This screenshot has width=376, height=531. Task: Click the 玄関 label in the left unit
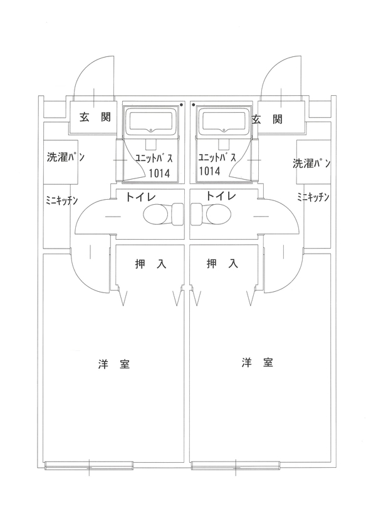(91, 117)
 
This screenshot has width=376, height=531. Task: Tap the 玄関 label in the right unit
(266, 118)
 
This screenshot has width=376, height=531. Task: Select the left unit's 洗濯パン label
(66, 157)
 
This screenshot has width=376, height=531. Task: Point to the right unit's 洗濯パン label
(311, 164)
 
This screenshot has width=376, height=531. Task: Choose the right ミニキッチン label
(313, 197)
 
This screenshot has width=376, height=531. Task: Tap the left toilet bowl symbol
(156, 215)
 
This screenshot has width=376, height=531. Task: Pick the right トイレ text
(221, 197)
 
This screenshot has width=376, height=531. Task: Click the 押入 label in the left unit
(150, 264)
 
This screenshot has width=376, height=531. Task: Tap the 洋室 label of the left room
(114, 364)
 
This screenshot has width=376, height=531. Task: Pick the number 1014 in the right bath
(209, 170)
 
